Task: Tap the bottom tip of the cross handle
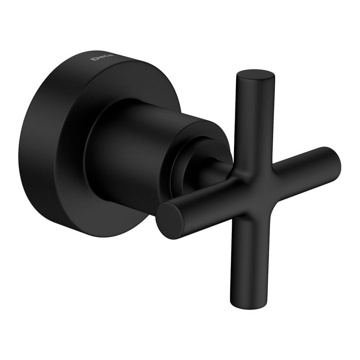pyautogui.click(x=249, y=303)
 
